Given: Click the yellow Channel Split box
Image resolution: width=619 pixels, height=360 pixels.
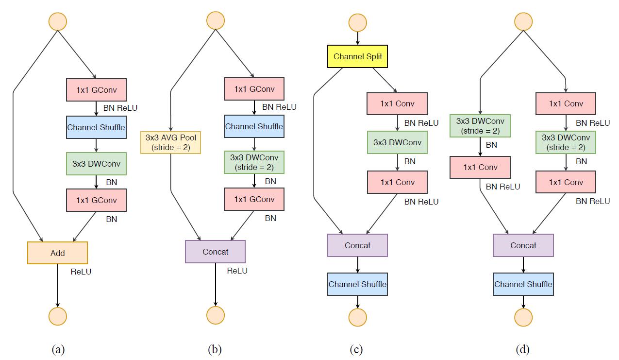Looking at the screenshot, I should click(x=358, y=56).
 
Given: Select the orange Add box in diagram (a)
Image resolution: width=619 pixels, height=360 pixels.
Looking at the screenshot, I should click(x=57, y=253).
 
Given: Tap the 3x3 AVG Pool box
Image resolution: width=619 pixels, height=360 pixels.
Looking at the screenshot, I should click(x=170, y=142).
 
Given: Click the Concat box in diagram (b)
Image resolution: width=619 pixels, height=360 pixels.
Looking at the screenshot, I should click(x=215, y=252).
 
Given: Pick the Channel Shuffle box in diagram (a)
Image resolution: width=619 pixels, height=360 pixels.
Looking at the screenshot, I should click(x=96, y=128).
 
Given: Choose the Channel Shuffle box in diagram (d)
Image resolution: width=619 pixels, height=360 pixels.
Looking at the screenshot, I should click(x=523, y=284).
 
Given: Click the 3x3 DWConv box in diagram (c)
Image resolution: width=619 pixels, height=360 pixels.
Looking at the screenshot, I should click(x=398, y=142).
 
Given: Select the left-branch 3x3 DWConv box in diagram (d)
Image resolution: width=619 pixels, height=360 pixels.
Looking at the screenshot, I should click(x=480, y=126).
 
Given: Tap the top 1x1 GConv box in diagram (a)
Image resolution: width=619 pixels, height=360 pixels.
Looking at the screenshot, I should click(x=96, y=90).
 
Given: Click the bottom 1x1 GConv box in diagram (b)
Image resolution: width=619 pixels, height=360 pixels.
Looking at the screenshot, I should click(x=254, y=199).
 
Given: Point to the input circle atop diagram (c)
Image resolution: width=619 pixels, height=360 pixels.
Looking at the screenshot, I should click(x=358, y=22).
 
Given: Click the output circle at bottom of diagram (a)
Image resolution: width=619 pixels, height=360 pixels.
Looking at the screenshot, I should click(x=57, y=316).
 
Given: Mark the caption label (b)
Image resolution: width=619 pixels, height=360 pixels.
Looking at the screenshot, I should click(x=215, y=349).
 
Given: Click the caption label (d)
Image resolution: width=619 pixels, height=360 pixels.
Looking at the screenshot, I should click(x=523, y=349).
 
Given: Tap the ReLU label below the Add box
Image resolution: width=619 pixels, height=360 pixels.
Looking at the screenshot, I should click(x=81, y=272).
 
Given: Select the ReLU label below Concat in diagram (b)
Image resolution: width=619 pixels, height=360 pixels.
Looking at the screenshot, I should click(x=237, y=271).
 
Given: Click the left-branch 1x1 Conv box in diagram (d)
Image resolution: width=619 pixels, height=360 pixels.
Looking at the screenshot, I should click(x=480, y=168).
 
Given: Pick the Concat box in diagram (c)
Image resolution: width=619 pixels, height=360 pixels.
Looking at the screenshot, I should click(x=358, y=245).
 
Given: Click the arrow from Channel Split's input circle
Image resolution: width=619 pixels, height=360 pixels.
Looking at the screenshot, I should click(x=358, y=38).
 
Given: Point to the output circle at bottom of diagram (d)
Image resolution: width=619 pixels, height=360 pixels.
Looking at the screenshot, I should click(x=523, y=317).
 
